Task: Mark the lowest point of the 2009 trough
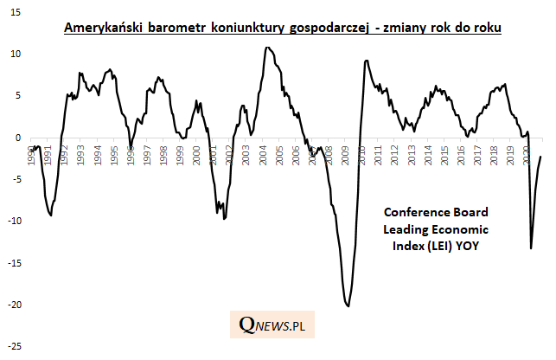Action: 348,305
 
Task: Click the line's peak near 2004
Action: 267,48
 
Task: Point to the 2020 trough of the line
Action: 531,248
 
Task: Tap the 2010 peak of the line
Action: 367,61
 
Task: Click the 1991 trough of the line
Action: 50,215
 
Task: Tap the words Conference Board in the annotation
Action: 436,212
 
